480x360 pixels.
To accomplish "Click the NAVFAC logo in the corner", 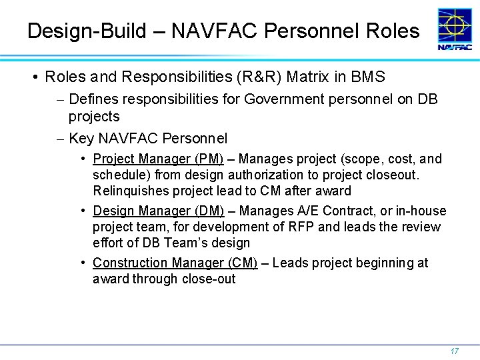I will click(455, 30).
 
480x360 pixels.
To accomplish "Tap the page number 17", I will click(455, 351).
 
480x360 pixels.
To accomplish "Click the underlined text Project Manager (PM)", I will click(158, 159).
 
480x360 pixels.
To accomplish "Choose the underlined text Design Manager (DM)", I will click(159, 211).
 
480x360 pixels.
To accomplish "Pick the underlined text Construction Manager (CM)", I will click(175, 263).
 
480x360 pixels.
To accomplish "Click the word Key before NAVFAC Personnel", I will click(81, 139).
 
